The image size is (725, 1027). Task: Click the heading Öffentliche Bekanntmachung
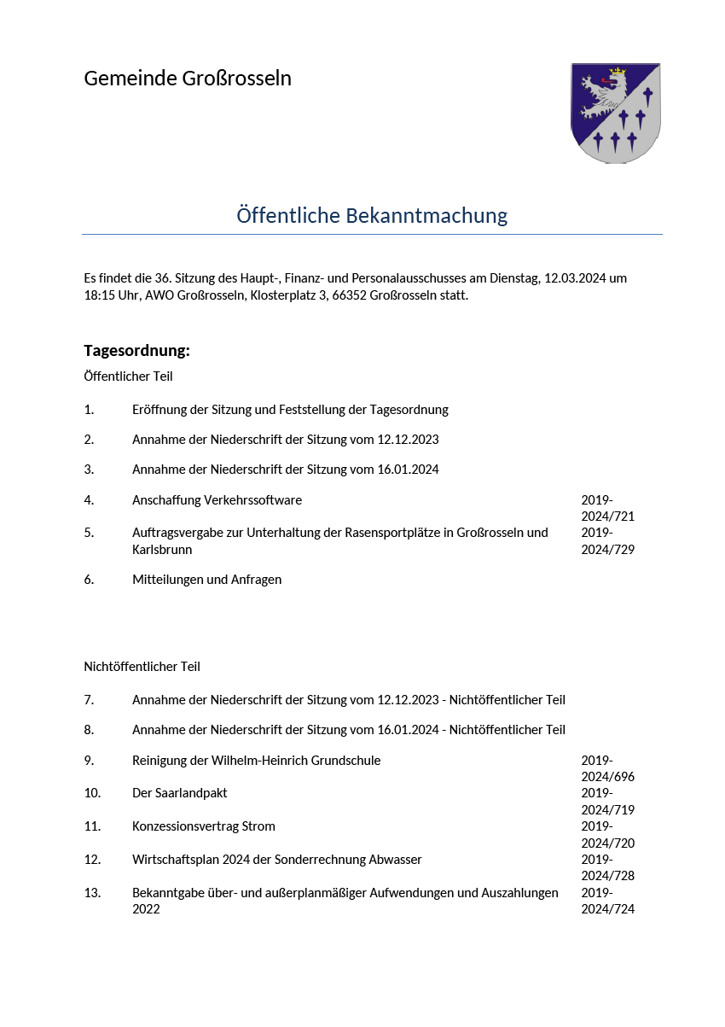point(372,216)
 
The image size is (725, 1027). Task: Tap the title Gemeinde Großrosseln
point(188,79)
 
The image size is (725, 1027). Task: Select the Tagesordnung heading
point(136,351)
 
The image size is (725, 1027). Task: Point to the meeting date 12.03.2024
point(575,278)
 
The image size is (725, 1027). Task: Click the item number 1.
point(89,410)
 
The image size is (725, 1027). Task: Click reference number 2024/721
point(607,516)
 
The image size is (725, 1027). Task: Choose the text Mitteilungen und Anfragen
point(206,580)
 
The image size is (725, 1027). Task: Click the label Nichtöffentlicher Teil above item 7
point(142,667)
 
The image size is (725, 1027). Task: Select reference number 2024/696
point(607,777)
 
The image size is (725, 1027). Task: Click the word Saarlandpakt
point(191,793)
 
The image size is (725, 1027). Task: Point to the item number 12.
point(92,860)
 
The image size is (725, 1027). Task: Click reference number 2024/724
point(607,909)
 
